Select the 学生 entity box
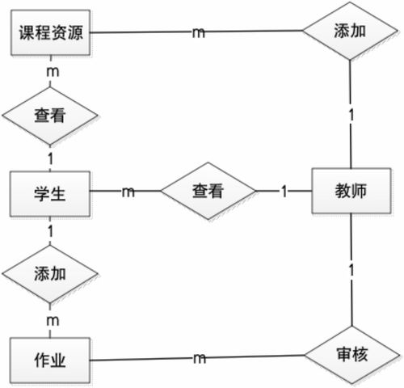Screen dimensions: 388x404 50,193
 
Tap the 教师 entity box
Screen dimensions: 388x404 350,192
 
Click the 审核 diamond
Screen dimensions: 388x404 350,354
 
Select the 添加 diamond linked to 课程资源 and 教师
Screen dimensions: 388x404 350,32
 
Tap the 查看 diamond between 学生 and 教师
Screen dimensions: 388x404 207,192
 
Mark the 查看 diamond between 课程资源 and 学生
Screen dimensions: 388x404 50,114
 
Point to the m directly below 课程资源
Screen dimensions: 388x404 53,72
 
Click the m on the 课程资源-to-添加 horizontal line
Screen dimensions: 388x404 198,33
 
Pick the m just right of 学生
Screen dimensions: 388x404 128,192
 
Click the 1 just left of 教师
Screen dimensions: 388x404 284,192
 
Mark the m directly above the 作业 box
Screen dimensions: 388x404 53,321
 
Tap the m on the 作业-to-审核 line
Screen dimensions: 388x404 198,357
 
